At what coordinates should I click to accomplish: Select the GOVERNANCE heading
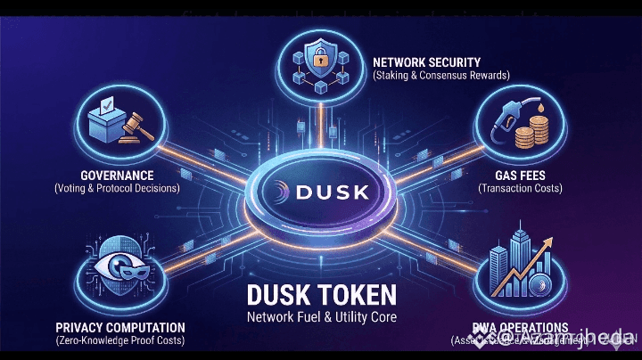coord(116,175)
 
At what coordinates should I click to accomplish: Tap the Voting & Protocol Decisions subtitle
coord(116,189)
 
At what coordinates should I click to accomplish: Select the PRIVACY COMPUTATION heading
coord(119,327)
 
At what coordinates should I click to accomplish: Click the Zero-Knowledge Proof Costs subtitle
coord(119,341)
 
